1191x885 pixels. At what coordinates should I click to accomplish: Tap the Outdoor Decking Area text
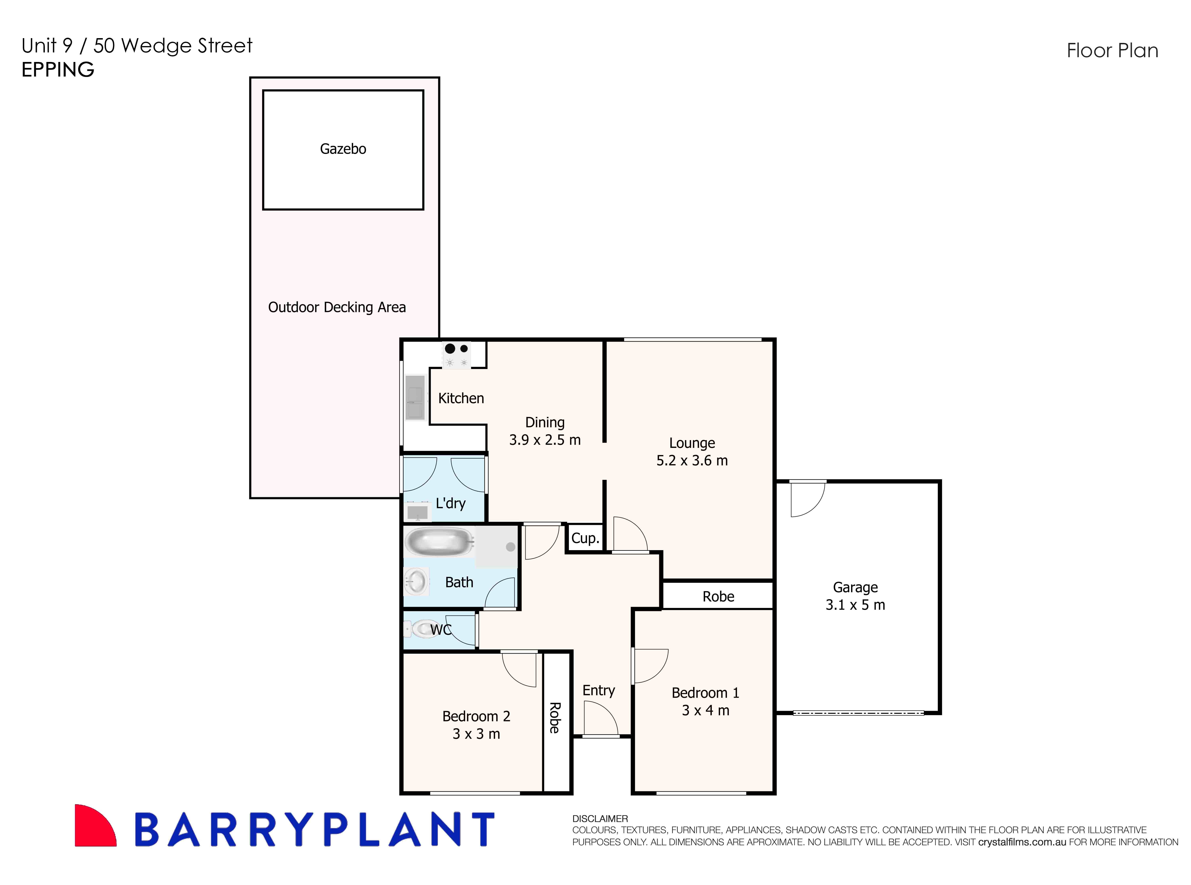click(337, 307)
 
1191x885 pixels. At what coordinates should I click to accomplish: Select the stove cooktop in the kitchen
click(457, 355)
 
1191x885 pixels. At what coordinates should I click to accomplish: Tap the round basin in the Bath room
click(416, 581)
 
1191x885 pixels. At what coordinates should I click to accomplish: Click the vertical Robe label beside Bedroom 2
click(555, 718)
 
